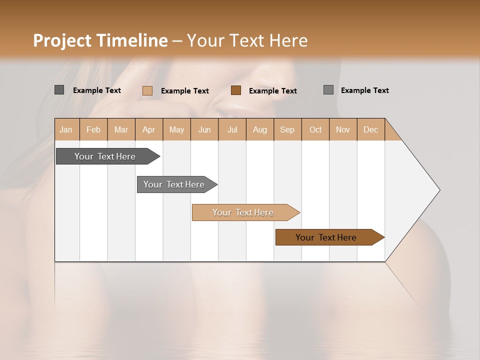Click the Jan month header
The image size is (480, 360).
tap(66, 129)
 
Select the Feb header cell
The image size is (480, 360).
tap(93, 129)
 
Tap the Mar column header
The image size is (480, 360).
tap(121, 129)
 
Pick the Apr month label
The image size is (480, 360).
tap(149, 129)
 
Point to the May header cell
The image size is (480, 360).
tap(176, 129)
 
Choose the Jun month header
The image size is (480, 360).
tap(204, 129)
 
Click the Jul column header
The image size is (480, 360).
tap(232, 129)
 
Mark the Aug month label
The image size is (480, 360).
tap(260, 129)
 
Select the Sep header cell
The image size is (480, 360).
tap(287, 129)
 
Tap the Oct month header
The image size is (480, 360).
tap(315, 129)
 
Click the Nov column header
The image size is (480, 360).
tap(343, 129)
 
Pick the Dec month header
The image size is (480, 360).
tap(370, 129)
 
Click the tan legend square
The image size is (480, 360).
tap(147, 90)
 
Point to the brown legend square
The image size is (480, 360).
tap(236, 90)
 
